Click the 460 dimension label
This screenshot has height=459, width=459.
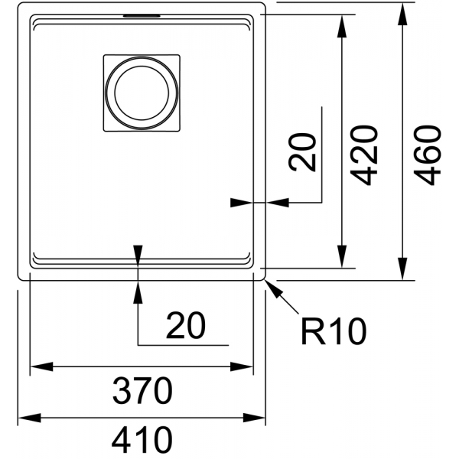pos(427,155)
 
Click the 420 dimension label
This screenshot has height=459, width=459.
pos(364,155)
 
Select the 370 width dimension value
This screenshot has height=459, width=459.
pos(142,390)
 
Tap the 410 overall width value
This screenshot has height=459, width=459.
pos(142,440)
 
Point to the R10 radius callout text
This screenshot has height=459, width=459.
pos(334,331)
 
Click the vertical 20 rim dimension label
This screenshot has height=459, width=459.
pos(302,152)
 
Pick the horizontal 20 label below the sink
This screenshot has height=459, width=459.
pos(186,325)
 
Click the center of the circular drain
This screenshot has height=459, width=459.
pos(142,93)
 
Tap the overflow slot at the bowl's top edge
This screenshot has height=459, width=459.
pos(142,16)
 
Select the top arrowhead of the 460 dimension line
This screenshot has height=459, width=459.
pos(403,14)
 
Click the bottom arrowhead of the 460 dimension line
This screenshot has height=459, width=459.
pos(403,269)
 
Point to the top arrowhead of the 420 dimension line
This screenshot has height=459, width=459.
pos(342,26)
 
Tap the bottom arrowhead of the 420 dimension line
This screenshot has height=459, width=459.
pos(342,257)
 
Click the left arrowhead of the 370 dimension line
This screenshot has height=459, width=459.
pos(42,366)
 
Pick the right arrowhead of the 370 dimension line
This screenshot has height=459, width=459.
pos(242,366)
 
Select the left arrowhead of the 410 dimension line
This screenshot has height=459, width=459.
pos(29,418)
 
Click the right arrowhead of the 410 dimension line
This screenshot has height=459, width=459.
pos(254,418)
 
